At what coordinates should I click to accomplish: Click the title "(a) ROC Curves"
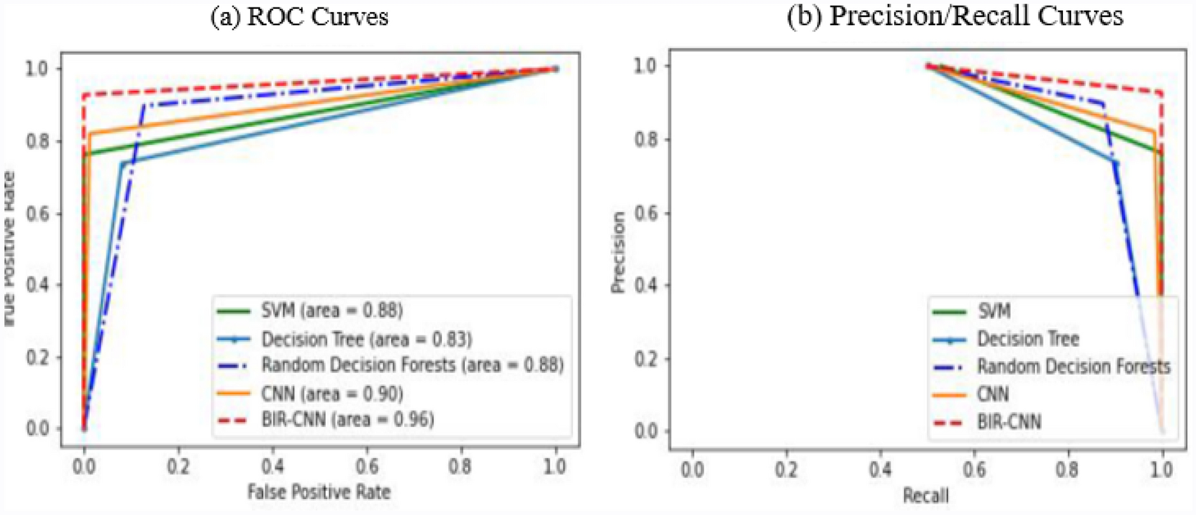pyautogui.click(x=299, y=16)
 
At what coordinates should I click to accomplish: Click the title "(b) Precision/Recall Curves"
pyautogui.click(x=954, y=16)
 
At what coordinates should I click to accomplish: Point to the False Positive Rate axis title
pyautogui.click(x=319, y=491)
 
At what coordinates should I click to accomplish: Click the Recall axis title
pyautogui.click(x=926, y=496)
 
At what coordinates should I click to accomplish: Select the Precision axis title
pyautogui.click(x=618, y=252)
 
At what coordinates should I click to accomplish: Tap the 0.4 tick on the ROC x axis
pyautogui.click(x=272, y=467)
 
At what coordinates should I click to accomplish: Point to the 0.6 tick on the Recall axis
pyautogui.click(x=974, y=469)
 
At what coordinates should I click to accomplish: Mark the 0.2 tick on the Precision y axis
pyautogui.click(x=647, y=358)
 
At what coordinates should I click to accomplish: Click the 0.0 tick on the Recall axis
pyautogui.click(x=692, y=469)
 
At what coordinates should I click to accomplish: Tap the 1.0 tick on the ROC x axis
pyautogui.click(x=555, y=467)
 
